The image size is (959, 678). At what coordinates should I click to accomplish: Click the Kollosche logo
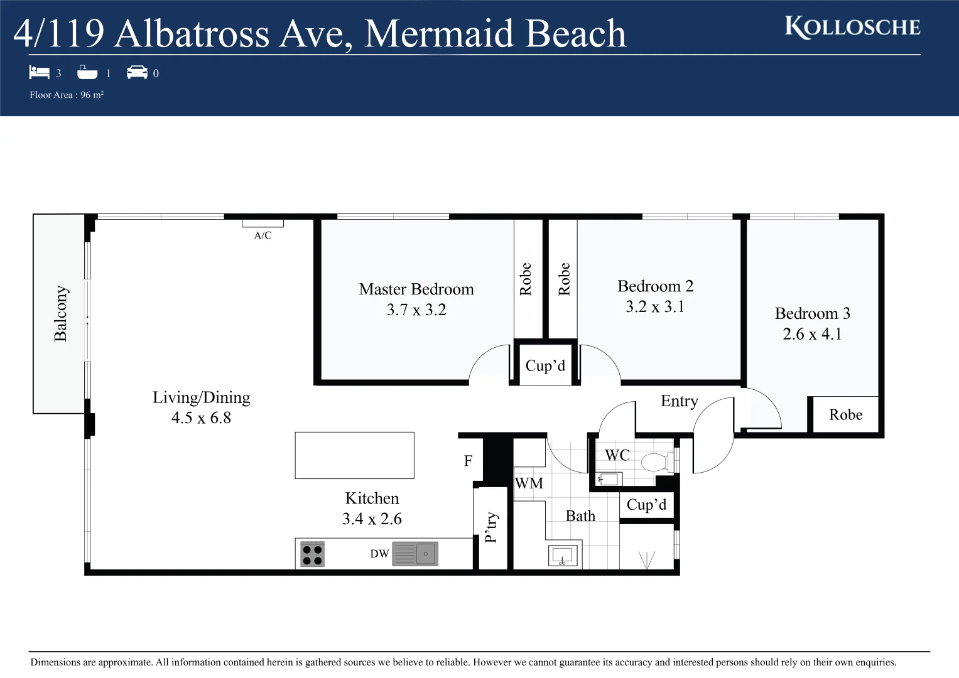click(x=852, y=28)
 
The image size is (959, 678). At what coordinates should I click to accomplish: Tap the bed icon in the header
click(x=39, y=73)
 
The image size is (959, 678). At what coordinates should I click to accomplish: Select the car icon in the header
click(x=137, y=73)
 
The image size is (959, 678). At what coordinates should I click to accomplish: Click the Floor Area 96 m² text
click(x=67, y=95)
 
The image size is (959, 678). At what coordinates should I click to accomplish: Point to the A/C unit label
click(x=263, y=235)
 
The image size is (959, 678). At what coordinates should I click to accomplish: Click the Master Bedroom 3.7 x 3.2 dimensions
click(x=416, y=310)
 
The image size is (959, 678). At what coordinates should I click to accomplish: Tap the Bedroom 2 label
click(x=655, y=286)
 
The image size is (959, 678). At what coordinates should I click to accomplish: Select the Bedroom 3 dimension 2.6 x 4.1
click(x=812, y=334)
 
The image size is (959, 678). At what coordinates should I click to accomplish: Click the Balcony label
click(x=60, y=313)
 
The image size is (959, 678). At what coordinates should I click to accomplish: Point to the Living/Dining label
click(x=201, y=397)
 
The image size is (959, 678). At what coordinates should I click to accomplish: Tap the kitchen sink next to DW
click(x=425, y=554)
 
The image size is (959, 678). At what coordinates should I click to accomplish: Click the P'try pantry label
click(x=491, y=527)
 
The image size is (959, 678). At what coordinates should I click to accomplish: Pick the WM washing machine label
click(x=529, y=483)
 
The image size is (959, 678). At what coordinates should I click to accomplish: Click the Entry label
click(x=679, y=401)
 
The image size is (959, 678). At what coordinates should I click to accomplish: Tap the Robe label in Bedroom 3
click(x=845, y=415)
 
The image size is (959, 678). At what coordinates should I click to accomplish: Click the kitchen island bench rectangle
click(x=354, y=455)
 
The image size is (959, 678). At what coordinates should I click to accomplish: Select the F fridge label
click(x=468, y=461)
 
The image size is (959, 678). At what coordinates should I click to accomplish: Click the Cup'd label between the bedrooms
click(x=545, y=366)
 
